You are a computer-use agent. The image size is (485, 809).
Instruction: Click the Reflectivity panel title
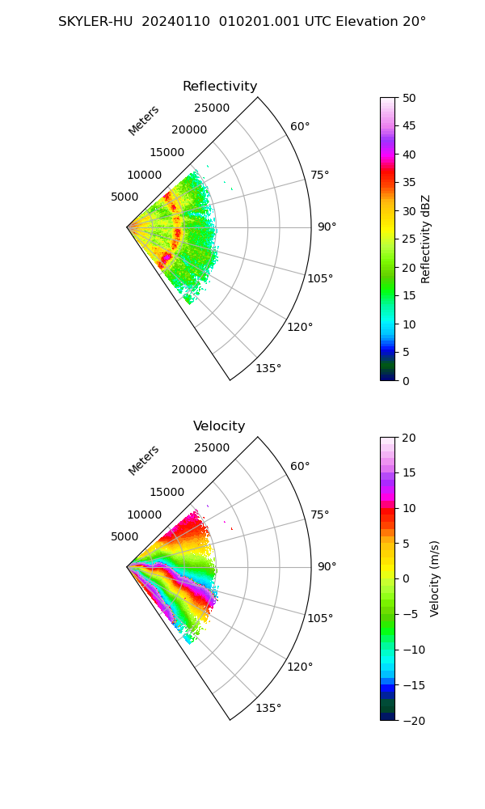point(220,87)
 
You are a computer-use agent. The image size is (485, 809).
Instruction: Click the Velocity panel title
point(219,426)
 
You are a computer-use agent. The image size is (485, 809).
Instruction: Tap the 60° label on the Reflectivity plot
point(300,126)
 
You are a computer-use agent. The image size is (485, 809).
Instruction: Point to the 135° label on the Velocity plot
point(268,708)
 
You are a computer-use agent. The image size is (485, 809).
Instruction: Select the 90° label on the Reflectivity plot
point(327,227)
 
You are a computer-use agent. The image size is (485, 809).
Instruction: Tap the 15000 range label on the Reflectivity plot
point(167,152)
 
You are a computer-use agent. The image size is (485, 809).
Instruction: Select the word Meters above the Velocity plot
point(144,460)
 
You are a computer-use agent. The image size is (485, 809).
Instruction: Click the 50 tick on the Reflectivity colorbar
point(410,98)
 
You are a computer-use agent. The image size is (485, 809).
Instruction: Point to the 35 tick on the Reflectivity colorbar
point(410,183)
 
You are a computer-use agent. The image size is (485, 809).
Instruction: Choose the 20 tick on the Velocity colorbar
point(410,438)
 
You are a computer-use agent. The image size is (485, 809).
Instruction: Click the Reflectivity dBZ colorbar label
point(426,239)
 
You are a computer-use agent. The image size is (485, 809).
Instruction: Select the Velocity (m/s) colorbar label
point(435,578)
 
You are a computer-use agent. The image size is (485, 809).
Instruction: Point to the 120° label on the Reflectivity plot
point(300,327)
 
